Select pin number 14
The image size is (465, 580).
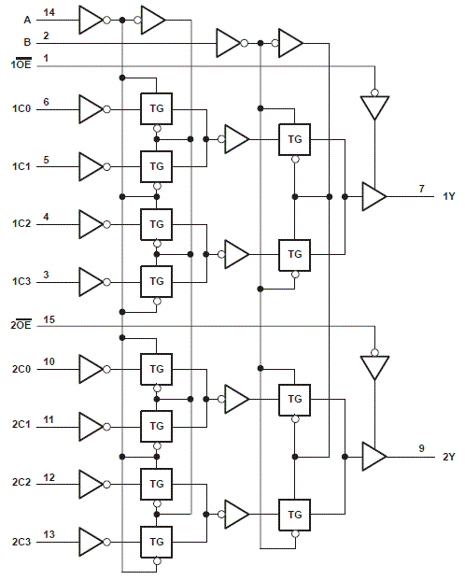pyautogui.click(x=49, y=11)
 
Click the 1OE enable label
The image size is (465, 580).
pyautogui.click(x=20, y=65)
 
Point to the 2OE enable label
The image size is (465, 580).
pyautogui.click(x=20, y=326)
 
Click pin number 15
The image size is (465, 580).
pyautogui.click(x=49, y=319)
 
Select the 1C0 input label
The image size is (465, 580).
pyautogui.click(x=21, y=109)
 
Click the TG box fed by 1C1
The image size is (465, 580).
pyautogui.click(x=156, y=166)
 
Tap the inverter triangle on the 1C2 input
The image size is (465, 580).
pyautogui.click(x=92, y=224)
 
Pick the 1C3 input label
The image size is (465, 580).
pyautogui.click(x=21, y=281)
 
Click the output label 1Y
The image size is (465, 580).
pyautogui.click(x=449, y=196)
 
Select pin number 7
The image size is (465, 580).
pyautogui.click(x=421, y=189)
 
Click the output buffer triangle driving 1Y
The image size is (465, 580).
pyautogui.click(x=374, y=196)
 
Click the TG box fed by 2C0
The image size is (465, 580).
pyautogui.click(x=156, y=369)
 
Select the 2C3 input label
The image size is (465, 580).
pyautogui.click(x=21, y=542)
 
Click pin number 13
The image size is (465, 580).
pyautogui.click(x=49, y=534)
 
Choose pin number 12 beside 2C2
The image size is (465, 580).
pyautogui.click(x=49, y=477)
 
